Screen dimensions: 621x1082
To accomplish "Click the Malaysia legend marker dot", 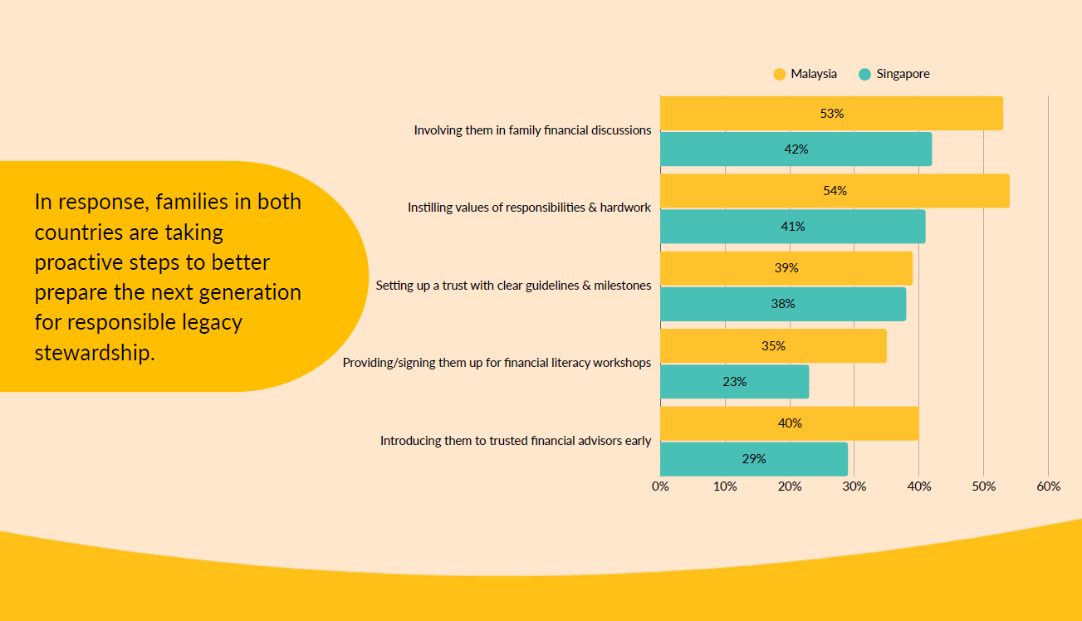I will click(x=779, y=75).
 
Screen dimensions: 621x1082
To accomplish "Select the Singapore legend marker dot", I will click(x=864, y=75).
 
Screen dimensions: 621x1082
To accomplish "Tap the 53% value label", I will click(x=831, y=114).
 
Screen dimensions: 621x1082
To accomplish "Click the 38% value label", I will click(x=782, y=304).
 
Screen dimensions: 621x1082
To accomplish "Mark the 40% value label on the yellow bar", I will click(x=790, y=423).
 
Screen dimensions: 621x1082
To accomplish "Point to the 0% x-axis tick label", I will click(x=660, y=487).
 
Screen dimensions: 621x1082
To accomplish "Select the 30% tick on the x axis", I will click(x=854, y=487).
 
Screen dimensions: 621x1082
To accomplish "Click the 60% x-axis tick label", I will click(x=1048, y=487).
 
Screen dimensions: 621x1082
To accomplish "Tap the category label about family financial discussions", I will click(x=532, y=130).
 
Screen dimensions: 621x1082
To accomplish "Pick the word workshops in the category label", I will click(x=624, y=363).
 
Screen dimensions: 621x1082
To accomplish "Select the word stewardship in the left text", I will click(x=95, y=352).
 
